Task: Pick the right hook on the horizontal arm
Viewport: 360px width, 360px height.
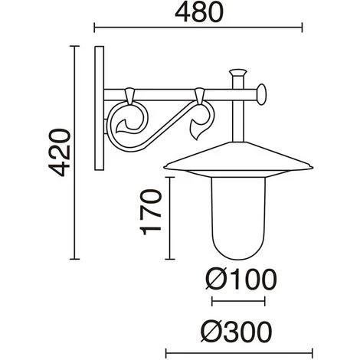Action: coord(201,97)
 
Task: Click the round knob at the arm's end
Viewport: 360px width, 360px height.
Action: coord(263,96)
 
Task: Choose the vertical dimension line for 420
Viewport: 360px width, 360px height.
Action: coord(74,152)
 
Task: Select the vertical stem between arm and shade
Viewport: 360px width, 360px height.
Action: coord(237,123)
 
